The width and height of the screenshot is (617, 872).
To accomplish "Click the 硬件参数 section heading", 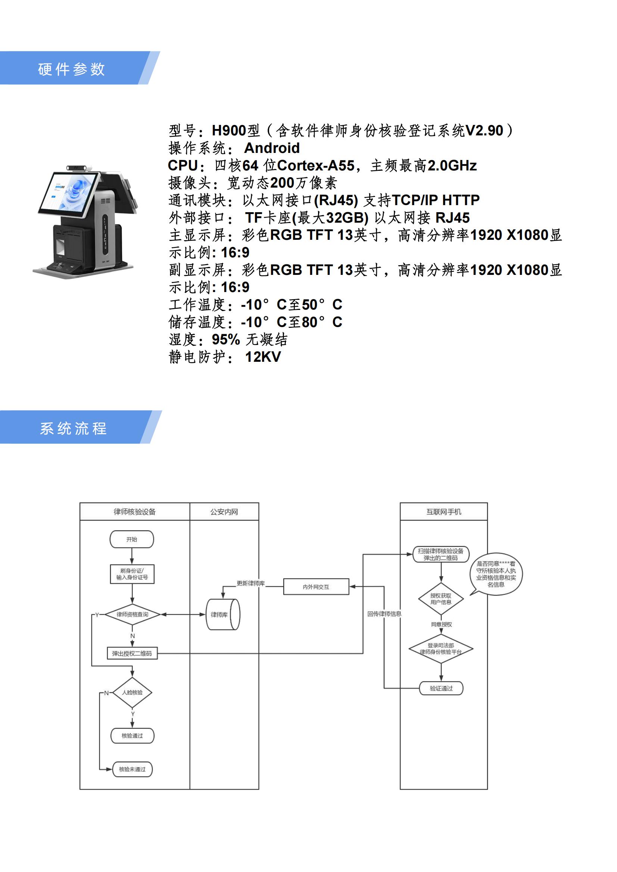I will coord(71,69).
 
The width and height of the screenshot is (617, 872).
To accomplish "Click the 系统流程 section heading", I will coord(74,429).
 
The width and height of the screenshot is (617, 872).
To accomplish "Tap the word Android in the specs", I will coord(272,148).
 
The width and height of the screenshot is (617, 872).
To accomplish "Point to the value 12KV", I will coord(263,357).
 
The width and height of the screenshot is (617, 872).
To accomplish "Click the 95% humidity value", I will coord(226,339).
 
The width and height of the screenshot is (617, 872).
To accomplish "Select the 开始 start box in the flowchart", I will coord(131,539).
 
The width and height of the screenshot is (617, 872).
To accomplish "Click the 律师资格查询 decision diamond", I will coord(132,615).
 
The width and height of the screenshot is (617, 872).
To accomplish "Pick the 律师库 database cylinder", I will coord(223,615).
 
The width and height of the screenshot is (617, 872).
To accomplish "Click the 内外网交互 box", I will coord(316,587).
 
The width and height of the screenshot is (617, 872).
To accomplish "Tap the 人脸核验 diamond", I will coord(132,692).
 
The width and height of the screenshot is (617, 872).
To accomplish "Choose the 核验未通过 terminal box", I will coord(132,769).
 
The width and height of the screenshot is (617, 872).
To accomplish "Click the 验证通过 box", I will coord(441,688).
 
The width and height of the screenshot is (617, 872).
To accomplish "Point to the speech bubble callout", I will coord(496,574).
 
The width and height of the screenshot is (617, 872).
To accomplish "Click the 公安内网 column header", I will coord(224,512).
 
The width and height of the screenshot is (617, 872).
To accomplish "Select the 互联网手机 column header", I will coord(444,512).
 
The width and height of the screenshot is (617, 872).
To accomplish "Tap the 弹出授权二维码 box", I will coord(132,653).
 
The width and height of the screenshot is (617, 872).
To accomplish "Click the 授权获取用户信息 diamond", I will coord(441,599).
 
